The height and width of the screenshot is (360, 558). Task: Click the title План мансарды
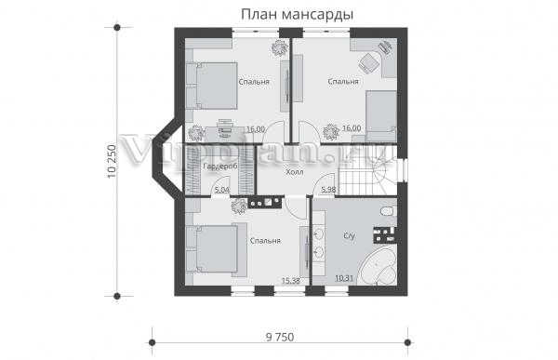coord(298,15)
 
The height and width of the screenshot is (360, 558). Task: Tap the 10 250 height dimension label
coord(112,162)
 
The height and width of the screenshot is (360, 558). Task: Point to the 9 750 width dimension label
coord(280,337)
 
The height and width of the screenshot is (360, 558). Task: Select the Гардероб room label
coord(219,167)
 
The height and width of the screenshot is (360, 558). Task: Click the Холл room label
coord(295,172)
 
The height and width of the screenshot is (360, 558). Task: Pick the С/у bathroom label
coord(350,235)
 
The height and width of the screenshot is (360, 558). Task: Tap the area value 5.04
coord(222,190)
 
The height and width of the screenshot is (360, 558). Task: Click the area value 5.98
coord(328,190)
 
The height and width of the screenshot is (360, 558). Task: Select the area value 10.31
coord(344,278)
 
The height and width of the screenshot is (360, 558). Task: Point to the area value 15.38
coord(291,281)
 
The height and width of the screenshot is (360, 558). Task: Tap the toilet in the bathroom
coord(388,211)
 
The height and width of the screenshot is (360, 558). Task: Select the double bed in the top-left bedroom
coord(212,86)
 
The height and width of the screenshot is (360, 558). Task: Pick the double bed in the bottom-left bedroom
coord(212,249)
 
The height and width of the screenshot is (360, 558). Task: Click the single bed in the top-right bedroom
coord(381,115)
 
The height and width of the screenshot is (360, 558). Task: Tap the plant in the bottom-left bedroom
coord(239,207)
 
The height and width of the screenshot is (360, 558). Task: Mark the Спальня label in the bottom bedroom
coord(265,241)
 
